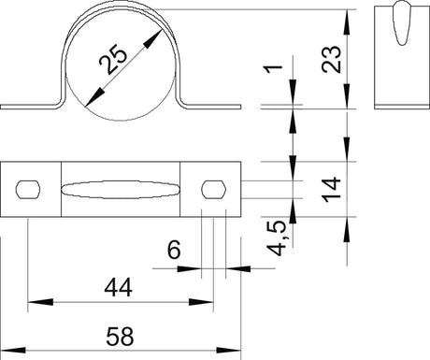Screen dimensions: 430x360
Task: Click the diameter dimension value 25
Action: [x=113, y=60]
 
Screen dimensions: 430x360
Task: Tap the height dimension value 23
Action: [x=332, y=60]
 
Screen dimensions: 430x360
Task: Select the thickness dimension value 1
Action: [x=273, y=69]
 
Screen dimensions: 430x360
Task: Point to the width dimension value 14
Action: [x=332, y=190]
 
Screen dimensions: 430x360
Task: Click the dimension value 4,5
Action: [x=276, y=238]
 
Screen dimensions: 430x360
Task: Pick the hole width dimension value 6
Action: [x=174, y=250]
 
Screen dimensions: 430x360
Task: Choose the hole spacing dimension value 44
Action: [x=119, y=288]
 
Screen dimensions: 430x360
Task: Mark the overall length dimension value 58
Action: [x=120, y=337]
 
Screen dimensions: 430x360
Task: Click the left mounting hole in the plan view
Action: [x=28, y=189]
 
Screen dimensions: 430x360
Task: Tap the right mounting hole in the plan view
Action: [x=214, y=189]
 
